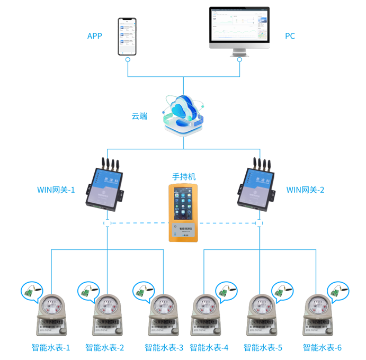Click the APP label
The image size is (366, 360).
(x=95, y=36)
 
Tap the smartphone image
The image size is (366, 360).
(x=127, y=37)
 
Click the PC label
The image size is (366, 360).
(x=290, y=36)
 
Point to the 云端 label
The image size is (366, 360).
(x=140, y=116)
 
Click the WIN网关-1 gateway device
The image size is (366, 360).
(x=106, y=185)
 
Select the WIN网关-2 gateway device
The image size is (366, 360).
(x=258, y=185)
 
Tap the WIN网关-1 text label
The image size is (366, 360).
(x=56, y=189)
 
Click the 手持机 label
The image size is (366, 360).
(x=184, y=176)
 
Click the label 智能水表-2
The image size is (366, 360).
(x=104, y=348)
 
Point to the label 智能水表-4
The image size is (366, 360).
(x=209, y=348)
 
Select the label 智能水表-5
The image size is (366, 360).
(x=263, y=348)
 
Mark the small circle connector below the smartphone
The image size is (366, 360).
(x=128, y=60)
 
